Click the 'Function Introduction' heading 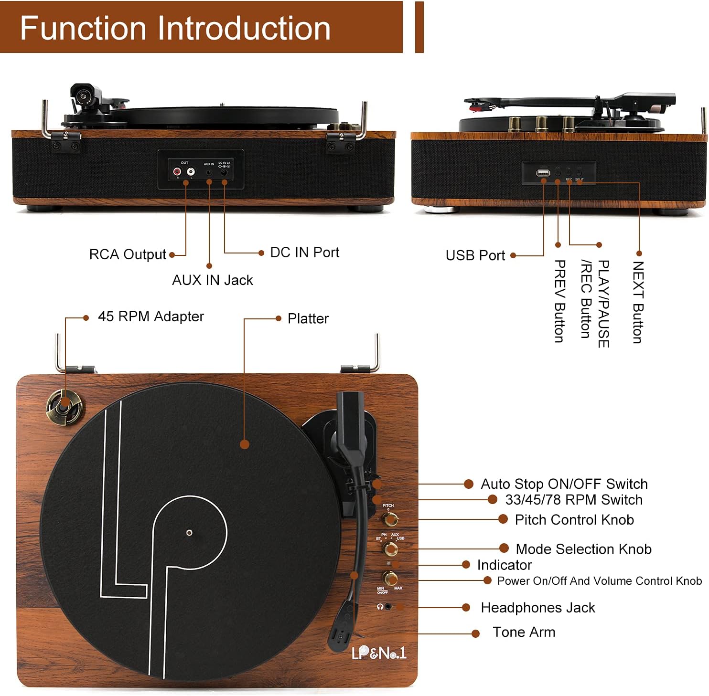point(175,28)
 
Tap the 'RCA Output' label point(128,254)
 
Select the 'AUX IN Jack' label point(212,280)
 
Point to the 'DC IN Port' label point(304,253)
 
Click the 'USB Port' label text point(475,256)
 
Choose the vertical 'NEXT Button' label point(638,302)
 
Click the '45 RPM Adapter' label point(150,317)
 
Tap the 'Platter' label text point(308,319)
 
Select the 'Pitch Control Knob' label point(574,520)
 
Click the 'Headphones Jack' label point(537,608)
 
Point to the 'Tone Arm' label point(524,633)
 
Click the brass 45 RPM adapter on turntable point(64,407)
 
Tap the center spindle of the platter point(189,533)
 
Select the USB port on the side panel point(543,173)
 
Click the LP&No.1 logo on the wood point(378,653)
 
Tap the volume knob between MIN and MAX point(390,578)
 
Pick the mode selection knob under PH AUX point(390,549)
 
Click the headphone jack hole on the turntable point(388,607)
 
